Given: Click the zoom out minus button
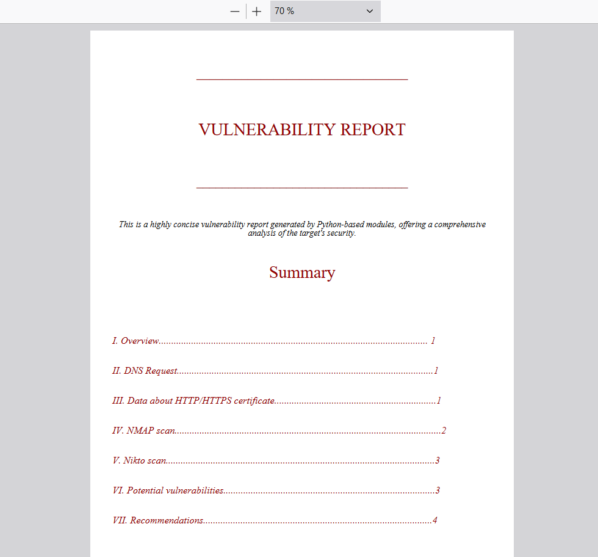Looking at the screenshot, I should [235, 12].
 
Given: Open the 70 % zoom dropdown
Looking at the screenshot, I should [325, 12].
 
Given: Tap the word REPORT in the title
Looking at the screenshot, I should [373, 129].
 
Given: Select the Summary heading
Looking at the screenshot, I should [302, 272].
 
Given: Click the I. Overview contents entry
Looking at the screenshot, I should [135, 341].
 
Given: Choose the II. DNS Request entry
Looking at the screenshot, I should [145, 371].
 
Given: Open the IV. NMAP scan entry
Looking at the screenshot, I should [144, 431].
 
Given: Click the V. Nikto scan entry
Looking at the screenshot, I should [139, 461].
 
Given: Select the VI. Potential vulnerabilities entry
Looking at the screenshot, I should [168, 490].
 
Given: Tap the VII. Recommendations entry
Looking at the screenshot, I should [158, 520].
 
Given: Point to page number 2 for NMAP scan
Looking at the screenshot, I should [444, 431].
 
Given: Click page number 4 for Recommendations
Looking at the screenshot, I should [434, 520].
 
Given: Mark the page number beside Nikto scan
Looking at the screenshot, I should [437, 461].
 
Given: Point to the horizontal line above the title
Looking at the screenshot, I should [302, 79].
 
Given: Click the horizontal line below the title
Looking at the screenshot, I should [302, 187].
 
